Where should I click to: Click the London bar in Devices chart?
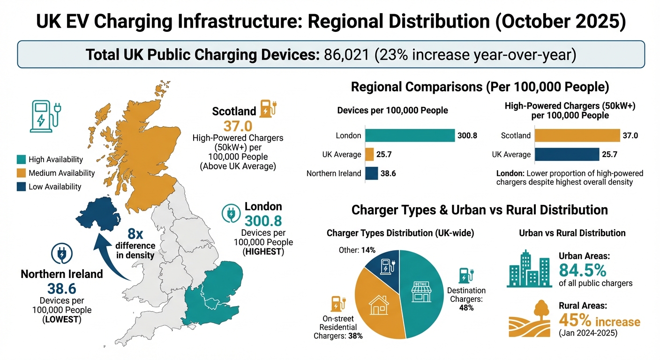[410, 135]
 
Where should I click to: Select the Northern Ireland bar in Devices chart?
[371, 173]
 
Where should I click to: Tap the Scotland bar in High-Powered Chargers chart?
[577, 135]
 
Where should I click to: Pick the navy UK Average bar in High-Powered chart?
[567, 154]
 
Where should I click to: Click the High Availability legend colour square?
[21, 160]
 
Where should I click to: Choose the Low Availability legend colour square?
[21, 187]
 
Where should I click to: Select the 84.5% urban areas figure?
[583, 270]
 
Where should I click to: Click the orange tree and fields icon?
[530, 320]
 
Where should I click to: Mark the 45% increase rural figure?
[599, 322]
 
